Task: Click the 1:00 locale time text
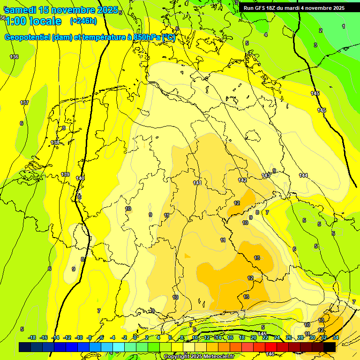33,21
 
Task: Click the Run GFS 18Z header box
294,8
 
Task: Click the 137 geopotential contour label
24,103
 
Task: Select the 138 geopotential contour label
55,142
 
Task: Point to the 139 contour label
65,174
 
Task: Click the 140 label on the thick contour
80,178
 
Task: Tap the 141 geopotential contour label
197,183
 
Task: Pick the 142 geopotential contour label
242,180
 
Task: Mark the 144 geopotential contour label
303,175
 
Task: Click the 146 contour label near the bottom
270,354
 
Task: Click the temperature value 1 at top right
344,27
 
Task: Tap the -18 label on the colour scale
32,337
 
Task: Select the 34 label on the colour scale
336,337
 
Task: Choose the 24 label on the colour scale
277,337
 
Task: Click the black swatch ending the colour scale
329,347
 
